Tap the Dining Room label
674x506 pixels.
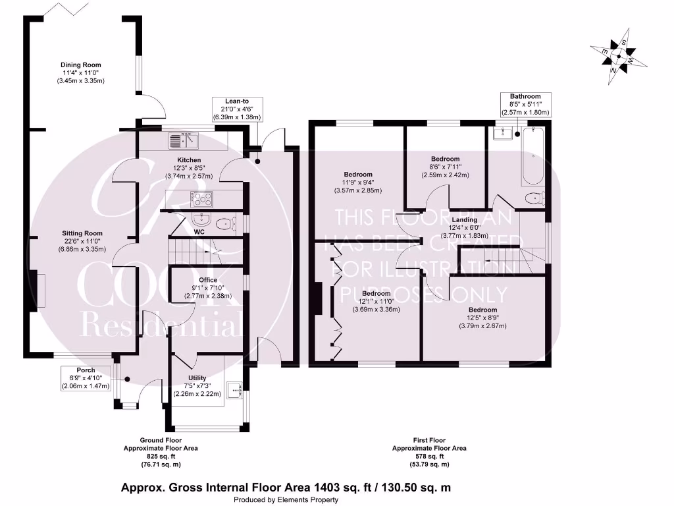pos(81,65)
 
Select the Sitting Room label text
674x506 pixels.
pos(82,233)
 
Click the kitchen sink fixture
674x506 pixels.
pos(184,140)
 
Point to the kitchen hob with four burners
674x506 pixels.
pos(202,198)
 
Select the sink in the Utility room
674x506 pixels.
pos(236,390)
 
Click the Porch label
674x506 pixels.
pos(86,370)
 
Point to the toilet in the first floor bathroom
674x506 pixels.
pos(535,196)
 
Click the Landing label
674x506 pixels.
pos(465,220)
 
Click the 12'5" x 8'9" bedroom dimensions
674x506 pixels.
pos(482,318)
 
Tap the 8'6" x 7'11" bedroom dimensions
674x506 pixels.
pos(445,167)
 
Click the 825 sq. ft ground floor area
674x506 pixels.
pos(161,456)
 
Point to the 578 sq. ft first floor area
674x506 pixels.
pos(429,456)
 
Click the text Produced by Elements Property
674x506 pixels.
pos(286,500)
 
